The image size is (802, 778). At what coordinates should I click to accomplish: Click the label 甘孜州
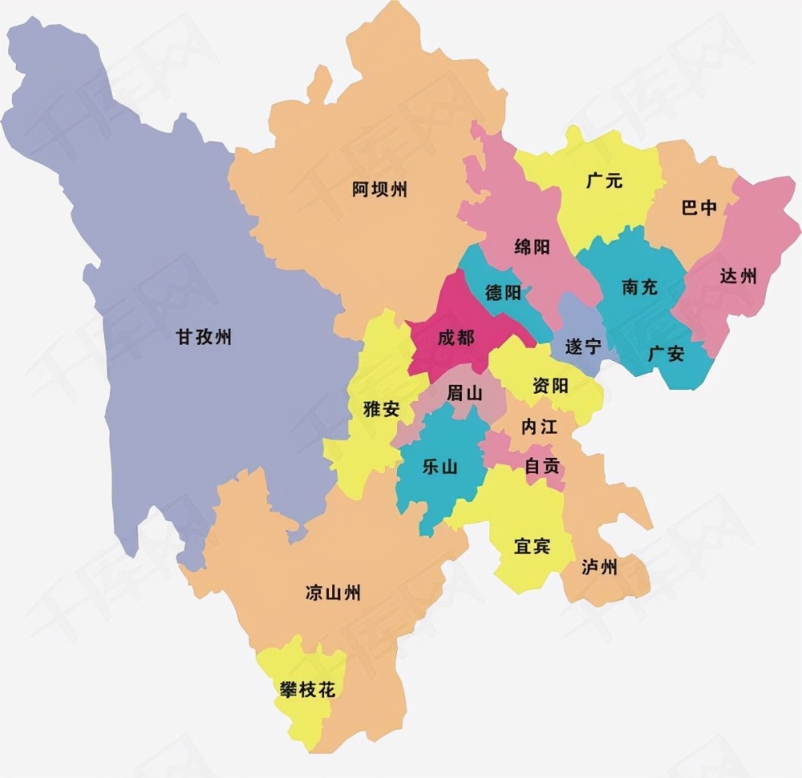[204, 337]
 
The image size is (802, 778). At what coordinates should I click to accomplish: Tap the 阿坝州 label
[380, 190]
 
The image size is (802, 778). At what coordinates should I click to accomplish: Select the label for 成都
[456, 338]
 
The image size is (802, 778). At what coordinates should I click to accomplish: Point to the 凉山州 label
[333, 594]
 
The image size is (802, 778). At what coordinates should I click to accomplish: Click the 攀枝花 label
[307, 690]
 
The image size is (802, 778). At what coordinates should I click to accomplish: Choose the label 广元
[604, 181]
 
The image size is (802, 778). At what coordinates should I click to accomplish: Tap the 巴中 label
[699, 209]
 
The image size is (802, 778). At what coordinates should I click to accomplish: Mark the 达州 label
[738, 277]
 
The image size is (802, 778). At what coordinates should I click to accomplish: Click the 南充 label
[639, 287]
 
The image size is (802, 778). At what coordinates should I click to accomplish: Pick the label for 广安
[666, 353]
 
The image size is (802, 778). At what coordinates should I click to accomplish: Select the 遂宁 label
[583, 347]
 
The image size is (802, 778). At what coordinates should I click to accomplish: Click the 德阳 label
[503, 293]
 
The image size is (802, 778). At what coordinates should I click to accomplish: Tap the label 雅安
[381, 408]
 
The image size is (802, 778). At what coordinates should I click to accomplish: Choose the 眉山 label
[464, 393]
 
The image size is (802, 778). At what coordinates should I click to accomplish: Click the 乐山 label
[439, 466]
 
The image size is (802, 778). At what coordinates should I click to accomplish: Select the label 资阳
[549, 386]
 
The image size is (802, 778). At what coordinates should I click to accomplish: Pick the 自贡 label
[542, 465]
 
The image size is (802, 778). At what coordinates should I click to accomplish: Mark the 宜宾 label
[532, 547]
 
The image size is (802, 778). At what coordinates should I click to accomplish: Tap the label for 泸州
[600, 568]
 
